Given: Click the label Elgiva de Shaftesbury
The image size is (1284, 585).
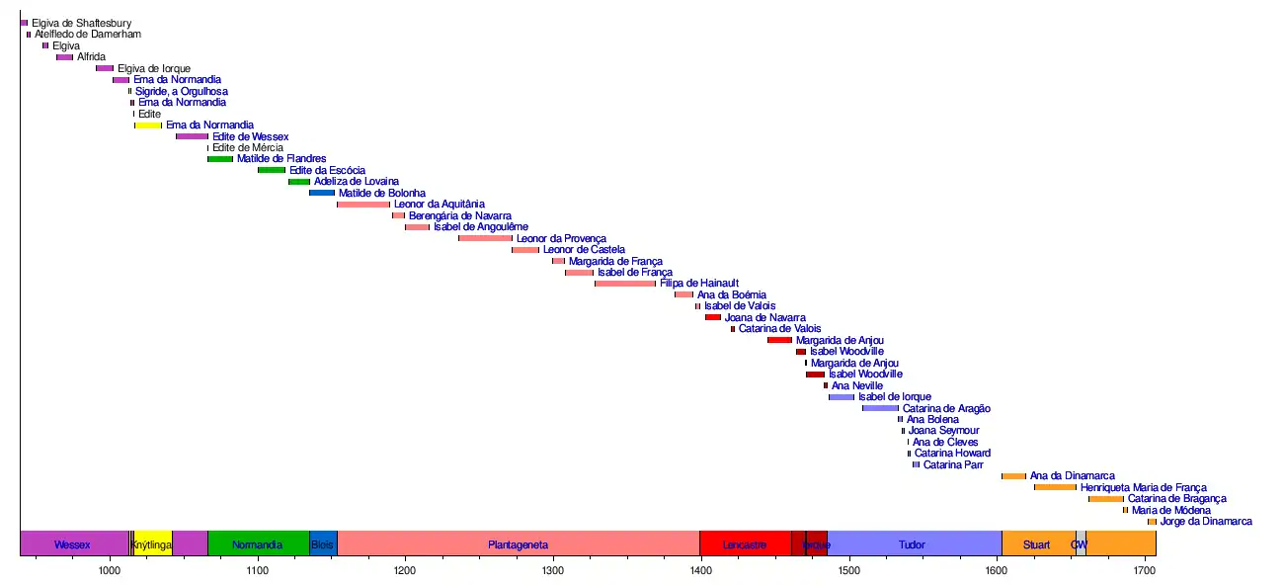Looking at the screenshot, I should [81, 23].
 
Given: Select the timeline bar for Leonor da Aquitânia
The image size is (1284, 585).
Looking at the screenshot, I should [362, 205].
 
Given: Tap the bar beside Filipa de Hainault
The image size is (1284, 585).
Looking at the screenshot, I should [624, 284].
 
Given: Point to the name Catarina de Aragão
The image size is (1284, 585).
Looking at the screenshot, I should [946, 408].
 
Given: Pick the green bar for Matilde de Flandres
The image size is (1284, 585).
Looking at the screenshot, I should [220, 159].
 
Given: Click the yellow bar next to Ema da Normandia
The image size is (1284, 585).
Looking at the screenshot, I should [148, 125].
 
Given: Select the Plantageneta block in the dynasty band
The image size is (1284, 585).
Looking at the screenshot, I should [518, 544].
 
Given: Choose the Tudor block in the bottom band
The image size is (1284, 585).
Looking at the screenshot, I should [913, 544].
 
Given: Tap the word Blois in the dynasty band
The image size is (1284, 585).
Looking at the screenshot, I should [322, 544].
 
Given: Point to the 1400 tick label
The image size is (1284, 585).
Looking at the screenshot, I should [700, 572].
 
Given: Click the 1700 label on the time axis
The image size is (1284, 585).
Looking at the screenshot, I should [1144, 572].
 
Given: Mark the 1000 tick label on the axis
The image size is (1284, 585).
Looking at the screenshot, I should [109, 572].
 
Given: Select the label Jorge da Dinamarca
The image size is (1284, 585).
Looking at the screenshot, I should [1206, 522].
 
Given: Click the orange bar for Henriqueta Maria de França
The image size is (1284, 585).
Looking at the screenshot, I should [1055, 487].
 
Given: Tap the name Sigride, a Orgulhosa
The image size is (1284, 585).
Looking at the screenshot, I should [182, 91].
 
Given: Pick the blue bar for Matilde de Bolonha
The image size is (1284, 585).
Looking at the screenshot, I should [322, 193].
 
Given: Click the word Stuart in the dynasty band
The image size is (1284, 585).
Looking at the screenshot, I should [1036, 544].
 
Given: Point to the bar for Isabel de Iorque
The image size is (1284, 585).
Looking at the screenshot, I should [842, 397].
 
